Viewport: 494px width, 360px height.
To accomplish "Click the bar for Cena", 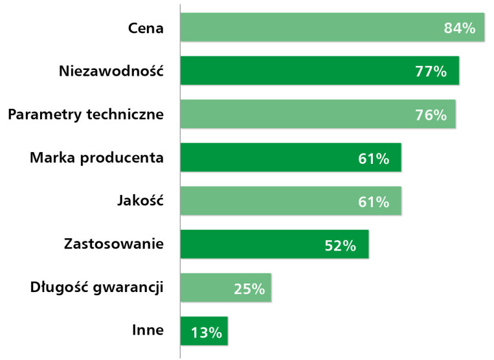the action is pyautogui.click(x=332, y=27).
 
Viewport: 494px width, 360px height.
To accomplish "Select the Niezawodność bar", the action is pyautogui.click(x=320, y=71).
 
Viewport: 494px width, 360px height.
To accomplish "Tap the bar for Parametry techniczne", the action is pyautogui.click(x=318, y=114).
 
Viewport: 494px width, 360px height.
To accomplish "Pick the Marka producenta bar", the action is pyautogui.click(x=291, y=157).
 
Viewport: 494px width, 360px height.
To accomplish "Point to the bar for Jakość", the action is pyautogui.click(x=291, y=201).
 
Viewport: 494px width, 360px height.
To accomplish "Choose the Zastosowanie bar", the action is pyautogui.click(x=275, y=244).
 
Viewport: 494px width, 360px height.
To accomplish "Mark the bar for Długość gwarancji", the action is pyautogui.click(x=226, y=287).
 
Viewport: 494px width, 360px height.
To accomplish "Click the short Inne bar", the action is pyautogui.click(x=204, y=331).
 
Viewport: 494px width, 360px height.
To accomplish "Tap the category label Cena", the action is pyautogui.click(x=146, y=28).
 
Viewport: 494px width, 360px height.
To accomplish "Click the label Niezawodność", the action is pyautogui.click(x=111, y=71).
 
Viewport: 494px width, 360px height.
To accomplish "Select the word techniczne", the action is pyautogui.click(x=125, y=114).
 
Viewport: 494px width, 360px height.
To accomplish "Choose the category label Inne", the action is pyautogui.click(x=148, y=330).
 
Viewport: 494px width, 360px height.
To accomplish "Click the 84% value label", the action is pyautogui.click(x=460, y=28).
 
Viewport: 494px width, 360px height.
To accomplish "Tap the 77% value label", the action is pyautogui.click(x=431, y=71).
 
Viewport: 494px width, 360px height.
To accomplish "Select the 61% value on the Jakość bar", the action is pyautogui.click(x=374, y=202).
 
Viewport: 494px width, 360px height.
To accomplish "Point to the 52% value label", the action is pyautogui.click(x=341, y=245).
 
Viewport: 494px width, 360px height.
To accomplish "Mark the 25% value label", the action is pyautogui.click(x=249, y=289).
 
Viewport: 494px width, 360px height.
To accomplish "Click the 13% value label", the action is pyautogui.click(x=207, y=332).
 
